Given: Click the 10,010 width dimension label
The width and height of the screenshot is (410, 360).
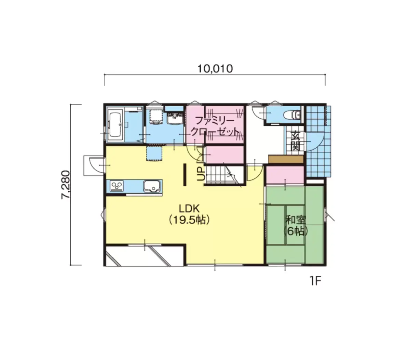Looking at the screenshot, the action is pos(215,69).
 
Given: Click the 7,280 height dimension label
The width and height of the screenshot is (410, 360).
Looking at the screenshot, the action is pos(66,185).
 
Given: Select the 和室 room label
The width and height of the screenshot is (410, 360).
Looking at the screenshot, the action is pos(295,220).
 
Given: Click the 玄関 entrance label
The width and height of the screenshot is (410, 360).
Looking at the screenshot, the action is pos(295,141).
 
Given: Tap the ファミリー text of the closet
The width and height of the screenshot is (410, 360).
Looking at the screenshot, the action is pos(215,121).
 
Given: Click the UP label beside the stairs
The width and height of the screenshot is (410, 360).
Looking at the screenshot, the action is pos(201,174).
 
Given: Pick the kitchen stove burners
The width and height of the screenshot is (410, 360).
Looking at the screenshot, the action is pos(117,186).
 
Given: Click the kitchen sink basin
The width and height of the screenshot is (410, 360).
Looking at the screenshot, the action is pos(152,186).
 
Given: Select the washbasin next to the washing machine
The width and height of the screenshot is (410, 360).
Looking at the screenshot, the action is pos(175,118).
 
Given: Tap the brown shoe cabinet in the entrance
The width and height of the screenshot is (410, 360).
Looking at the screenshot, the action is pos(286,159).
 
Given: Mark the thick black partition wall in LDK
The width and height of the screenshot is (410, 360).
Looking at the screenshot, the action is pos(184,175).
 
